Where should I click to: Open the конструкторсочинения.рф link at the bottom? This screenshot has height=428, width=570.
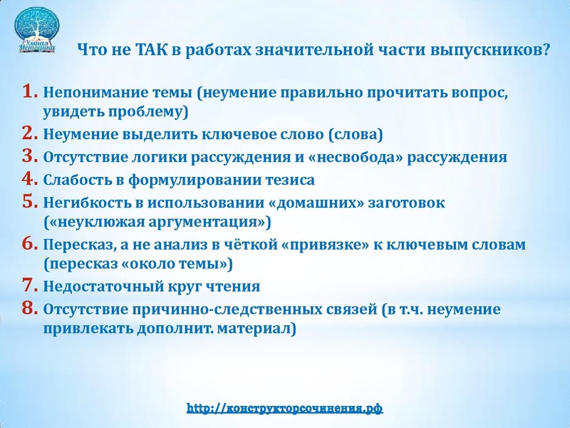pyautogui.click(x=285, y=409)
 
